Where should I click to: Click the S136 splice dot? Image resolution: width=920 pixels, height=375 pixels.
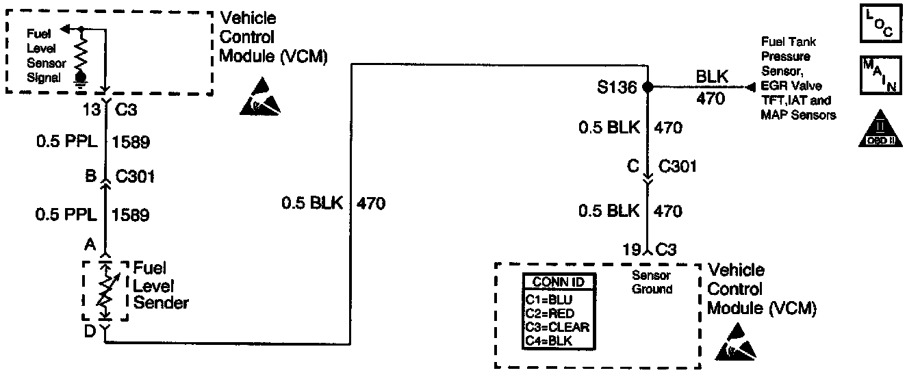pyautogui.click(x=647, y=88)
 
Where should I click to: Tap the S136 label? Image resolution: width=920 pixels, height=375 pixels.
pyautogui.click(x=619, y=88)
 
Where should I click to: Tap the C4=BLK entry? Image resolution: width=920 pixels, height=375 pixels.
pyautogui.click(x=548, y=340)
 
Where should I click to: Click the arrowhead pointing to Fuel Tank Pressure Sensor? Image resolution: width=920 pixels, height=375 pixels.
pyautogui.click(x=750, y=88)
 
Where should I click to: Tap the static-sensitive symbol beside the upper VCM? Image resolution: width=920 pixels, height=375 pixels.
pyautogui.click(x=261, y=95)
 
